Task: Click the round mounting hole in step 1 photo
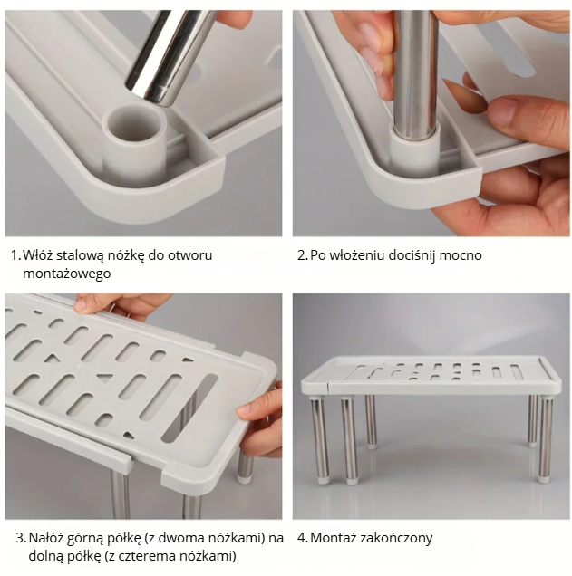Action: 133,123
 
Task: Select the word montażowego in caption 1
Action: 66,274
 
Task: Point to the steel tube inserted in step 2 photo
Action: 416,73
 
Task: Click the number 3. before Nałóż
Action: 21,538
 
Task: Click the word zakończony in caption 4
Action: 396,539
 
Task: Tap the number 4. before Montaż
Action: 302,539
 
